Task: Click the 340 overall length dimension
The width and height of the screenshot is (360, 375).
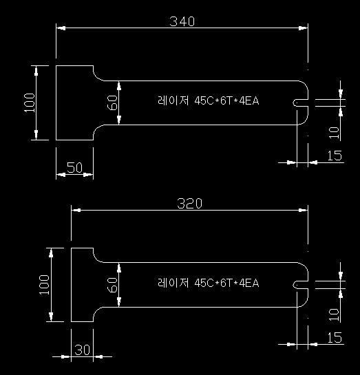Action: tap(182, 21)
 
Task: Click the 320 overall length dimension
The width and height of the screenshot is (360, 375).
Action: tap(189, 204)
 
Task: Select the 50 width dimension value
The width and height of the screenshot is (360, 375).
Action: tap(74, 167)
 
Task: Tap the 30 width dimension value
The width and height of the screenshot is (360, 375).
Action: tap(83, 350)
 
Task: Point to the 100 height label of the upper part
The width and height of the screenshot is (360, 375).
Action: tap(30, 103)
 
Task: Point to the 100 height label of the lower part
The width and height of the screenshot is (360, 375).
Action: tap(45, 285)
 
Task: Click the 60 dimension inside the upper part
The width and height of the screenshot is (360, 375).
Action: tap(112, 103)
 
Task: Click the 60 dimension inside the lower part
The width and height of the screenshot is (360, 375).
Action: tap(112, 285)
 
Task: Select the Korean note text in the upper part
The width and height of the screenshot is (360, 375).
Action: tap(209, 100)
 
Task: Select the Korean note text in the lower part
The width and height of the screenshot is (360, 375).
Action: tap(209, 283)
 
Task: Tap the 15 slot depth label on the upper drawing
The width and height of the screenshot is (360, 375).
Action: tap(335, 156)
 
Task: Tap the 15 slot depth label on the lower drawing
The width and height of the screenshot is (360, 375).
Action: tap(335, 338)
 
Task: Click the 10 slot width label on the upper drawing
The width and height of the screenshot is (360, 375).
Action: tap(334, 133)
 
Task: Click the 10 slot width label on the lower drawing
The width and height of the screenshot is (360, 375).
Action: tap(334, 314)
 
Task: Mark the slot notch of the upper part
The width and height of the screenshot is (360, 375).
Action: tap(300, 103)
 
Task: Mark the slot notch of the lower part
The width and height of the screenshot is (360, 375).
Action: tap(300, 285)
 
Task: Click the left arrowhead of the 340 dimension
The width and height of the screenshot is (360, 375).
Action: tap(61, 28)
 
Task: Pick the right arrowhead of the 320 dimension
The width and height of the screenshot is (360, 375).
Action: tap(303, 211)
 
